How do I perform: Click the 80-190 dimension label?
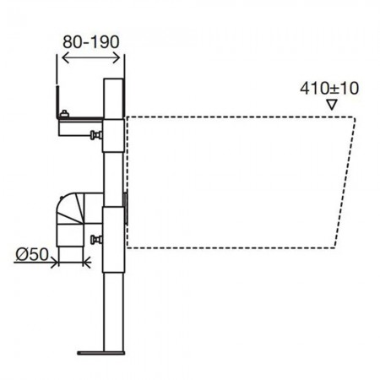point(91,42)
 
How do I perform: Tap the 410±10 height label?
point(329,89)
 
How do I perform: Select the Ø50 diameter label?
point(32,254)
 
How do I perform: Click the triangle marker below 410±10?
point(332,105)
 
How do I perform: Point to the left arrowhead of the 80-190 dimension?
point(65,58)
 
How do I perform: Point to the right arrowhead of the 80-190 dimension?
point(117,58)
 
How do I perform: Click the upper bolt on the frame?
point(96,135)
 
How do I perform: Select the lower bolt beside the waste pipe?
point(96,240)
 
